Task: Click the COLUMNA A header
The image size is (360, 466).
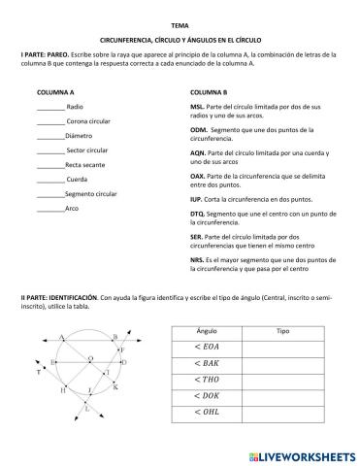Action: click(x=55, y=91)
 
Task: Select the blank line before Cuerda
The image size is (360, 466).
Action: click(x=50, y=180)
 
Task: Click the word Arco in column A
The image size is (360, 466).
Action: click(x=72, y=209)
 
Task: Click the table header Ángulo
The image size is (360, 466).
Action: click(x=207, y=331)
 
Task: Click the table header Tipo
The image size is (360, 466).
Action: click(x=283, y=331)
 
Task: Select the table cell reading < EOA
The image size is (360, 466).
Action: click(x=208, y=347)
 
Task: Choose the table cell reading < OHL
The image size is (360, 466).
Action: click(x=208, y=413)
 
